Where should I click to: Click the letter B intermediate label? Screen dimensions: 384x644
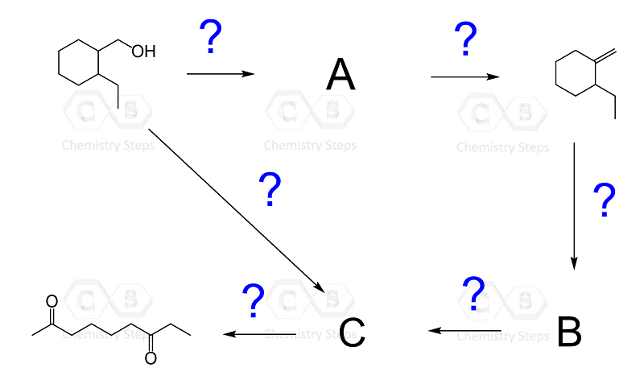point(569,332)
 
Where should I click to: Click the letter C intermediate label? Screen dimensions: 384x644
point(352,332)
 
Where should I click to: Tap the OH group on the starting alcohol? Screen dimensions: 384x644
point(143,52)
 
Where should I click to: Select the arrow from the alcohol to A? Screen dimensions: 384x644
point(220,74)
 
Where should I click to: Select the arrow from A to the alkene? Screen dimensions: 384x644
point(464,77)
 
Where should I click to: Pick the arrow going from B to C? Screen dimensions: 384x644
point(464,330)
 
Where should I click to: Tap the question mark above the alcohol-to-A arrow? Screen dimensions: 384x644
point(210,37)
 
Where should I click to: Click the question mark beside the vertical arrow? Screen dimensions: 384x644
point(603,201)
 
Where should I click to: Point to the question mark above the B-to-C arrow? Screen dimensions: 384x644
point(474,295)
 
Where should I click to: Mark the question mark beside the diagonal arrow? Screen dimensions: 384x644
point(270,190)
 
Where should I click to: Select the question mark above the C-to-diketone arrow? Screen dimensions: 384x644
point(254,300)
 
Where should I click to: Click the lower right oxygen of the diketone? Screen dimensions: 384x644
point(151,358)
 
